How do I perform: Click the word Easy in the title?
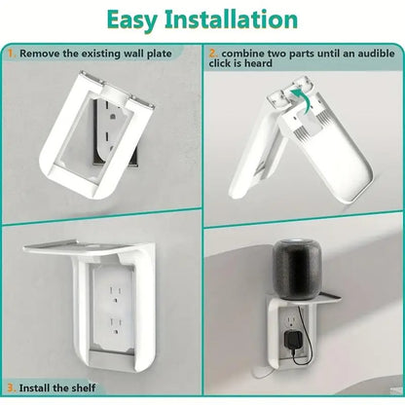click(x=131, y=20)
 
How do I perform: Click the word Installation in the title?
click(x=231, y=19)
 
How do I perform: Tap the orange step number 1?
click(x=12, y=54)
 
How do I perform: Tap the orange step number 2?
click(x=213, y=54)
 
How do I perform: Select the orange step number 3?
click(x=12, y=387)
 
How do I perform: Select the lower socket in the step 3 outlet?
click(x=115, y=326)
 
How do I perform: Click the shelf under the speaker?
click(x=304, y=298)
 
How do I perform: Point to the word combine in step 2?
click(x=243, y=54)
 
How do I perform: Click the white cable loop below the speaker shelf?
click(x=262, y=373)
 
